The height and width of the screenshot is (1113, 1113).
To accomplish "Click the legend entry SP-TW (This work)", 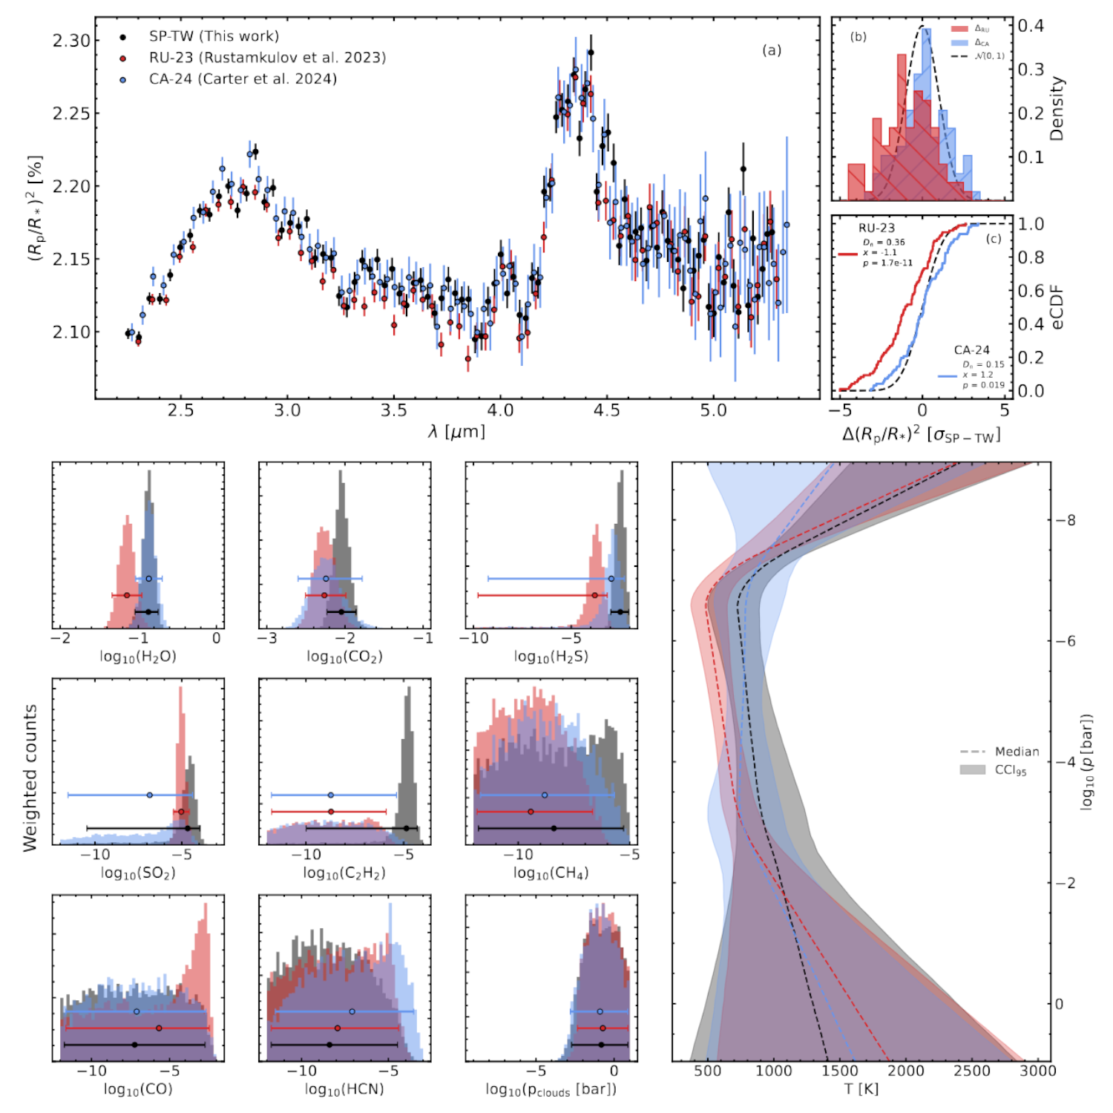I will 214,36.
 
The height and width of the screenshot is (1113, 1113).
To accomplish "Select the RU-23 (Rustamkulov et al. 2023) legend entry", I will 267,58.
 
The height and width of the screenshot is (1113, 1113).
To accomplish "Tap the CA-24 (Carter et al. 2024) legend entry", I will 243,79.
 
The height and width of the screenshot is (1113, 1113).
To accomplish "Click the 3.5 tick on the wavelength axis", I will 393,411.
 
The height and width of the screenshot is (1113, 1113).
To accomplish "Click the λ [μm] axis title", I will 456,431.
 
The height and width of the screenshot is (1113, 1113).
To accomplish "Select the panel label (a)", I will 772,50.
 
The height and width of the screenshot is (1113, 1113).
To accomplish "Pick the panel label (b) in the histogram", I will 858,37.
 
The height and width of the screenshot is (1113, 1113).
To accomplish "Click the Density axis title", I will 1057,108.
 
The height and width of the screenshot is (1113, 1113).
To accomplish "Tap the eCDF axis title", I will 1057,308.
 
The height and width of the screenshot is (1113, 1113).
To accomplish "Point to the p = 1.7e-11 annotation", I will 887,263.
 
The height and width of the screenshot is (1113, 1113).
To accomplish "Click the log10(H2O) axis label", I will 138,657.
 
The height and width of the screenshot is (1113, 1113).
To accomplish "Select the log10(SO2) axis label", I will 138,873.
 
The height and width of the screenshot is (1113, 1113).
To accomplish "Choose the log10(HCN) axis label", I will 344,1089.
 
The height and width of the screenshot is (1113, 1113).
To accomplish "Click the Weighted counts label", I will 30,778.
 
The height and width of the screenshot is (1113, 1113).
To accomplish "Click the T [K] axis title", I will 861,1089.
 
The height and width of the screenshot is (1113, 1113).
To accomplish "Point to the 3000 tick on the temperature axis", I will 1037,1071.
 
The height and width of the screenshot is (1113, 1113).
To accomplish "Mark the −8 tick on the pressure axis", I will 1066,521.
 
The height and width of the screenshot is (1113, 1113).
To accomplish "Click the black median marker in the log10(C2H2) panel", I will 406,828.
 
